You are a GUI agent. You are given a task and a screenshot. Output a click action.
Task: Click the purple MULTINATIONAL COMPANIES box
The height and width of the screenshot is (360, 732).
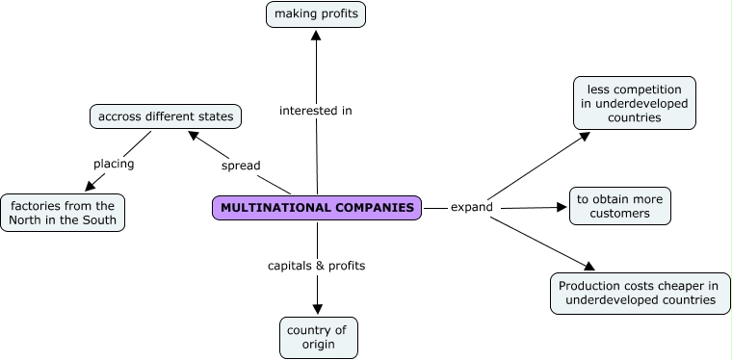tap(317, 208)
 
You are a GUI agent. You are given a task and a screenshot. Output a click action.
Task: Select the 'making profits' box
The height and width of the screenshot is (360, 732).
tap(316, 14)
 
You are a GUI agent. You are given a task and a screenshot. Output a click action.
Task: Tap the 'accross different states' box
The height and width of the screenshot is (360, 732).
tap(166, 117)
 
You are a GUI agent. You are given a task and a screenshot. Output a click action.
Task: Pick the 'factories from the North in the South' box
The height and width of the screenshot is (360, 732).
tap(64, 213)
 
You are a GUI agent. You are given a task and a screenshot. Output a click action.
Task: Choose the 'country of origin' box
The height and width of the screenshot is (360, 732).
tap(318, 338)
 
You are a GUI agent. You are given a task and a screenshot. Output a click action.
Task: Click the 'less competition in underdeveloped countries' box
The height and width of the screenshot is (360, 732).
tap(634, 103)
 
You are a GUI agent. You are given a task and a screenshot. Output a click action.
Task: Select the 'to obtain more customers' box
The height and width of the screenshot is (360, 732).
tap(619, 206)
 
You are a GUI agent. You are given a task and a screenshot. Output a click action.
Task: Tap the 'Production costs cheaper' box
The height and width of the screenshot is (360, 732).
tap(640, 293)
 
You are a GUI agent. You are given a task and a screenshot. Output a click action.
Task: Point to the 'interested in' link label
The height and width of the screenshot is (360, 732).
tap(316, 111)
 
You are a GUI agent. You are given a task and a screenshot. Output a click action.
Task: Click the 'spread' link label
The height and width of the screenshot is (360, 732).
tap(241, 166)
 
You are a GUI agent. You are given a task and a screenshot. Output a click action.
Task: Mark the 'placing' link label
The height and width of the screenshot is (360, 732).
tap(114, 164)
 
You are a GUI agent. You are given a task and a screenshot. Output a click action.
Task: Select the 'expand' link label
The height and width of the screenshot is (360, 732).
tap(472, 207)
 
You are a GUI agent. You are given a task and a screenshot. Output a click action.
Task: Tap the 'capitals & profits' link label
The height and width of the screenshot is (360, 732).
tap(317, 265)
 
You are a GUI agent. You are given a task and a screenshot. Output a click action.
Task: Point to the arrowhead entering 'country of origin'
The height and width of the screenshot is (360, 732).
tap(318, 309)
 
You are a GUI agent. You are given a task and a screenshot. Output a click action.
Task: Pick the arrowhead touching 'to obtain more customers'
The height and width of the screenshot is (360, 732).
tap(561, 207)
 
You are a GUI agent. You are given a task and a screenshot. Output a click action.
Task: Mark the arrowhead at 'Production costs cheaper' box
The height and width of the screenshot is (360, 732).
tap(588, 267)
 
